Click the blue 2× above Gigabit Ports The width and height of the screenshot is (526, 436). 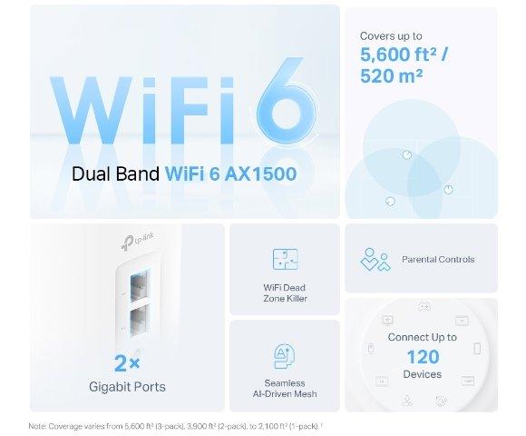126,363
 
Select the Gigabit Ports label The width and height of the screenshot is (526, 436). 126,387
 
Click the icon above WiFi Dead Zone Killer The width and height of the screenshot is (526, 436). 284,259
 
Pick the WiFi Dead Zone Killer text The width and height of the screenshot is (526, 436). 284,293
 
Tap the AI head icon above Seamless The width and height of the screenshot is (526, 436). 284,356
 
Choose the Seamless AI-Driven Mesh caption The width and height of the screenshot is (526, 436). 284,388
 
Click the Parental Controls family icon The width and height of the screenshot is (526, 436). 375,259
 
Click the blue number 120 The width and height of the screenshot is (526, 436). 422,355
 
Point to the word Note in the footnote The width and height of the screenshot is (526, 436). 37,425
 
